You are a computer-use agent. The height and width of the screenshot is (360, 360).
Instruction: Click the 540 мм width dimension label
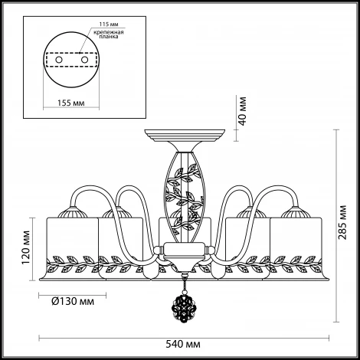point(183,345)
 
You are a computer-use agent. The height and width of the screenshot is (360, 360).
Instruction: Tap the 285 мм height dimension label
point(342,222)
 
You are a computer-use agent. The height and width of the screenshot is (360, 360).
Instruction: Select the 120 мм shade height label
point(26,247)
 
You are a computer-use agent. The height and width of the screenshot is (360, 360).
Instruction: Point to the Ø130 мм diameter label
point(73,302)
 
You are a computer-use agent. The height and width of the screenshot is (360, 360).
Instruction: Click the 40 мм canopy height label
point(242,111)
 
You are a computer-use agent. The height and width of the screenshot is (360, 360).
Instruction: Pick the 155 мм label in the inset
point(70,103)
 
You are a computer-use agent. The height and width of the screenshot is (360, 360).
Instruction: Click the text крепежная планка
point(109,34)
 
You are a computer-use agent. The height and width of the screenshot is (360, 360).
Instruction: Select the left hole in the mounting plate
point(59,60)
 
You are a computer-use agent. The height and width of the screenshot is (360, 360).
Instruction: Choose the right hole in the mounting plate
point(84,60)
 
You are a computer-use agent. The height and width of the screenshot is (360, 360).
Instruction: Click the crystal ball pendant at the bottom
point(183,305)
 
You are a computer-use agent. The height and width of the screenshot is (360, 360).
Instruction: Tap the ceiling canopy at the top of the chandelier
point(185,136)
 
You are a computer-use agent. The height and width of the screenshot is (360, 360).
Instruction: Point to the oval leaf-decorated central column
point(184,197)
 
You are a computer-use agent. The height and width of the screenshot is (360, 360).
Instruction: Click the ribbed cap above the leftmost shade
point(72,212)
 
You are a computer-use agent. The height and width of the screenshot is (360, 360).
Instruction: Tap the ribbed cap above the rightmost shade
point(296,212)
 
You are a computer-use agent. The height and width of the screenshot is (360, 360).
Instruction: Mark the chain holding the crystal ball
point(183,283)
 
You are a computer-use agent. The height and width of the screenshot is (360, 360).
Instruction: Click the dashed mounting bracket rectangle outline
point(71,53)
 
